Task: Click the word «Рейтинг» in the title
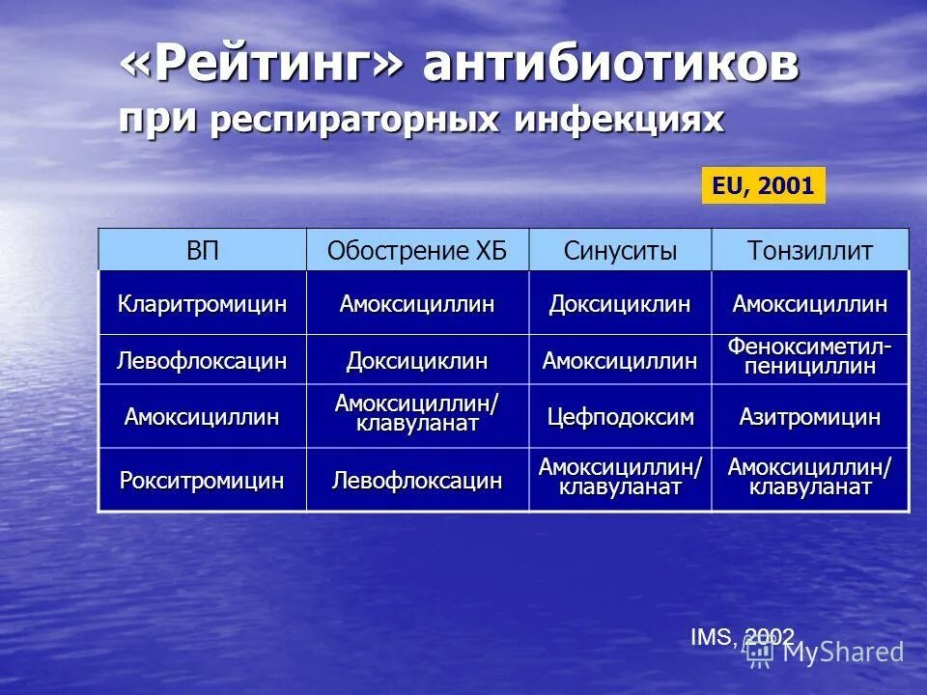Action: pos(262,67)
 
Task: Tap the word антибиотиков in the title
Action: pos(610,67)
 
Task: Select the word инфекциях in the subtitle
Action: pos(619,120)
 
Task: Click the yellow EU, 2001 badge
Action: pos(763,185)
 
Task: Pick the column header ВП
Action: pos(203,252)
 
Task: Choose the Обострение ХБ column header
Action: pos(416,252)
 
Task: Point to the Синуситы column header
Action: pos(620,252)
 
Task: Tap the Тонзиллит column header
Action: pos(809,252)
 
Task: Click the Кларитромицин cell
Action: pos(203,304)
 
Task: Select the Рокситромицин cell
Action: pos(203,480)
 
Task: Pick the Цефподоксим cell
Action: pos(620,418)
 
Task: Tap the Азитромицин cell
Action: pos(809,418)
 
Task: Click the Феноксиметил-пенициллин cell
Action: pos(809,356)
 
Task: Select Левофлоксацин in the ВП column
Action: pos(203,361)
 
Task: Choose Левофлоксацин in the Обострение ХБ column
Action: pos(416,480)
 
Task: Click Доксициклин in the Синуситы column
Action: pos(620,304)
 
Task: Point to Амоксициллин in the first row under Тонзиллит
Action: pos(809,304)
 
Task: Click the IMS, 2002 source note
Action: pos(742,636)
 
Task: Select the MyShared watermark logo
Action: pos(826,652)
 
